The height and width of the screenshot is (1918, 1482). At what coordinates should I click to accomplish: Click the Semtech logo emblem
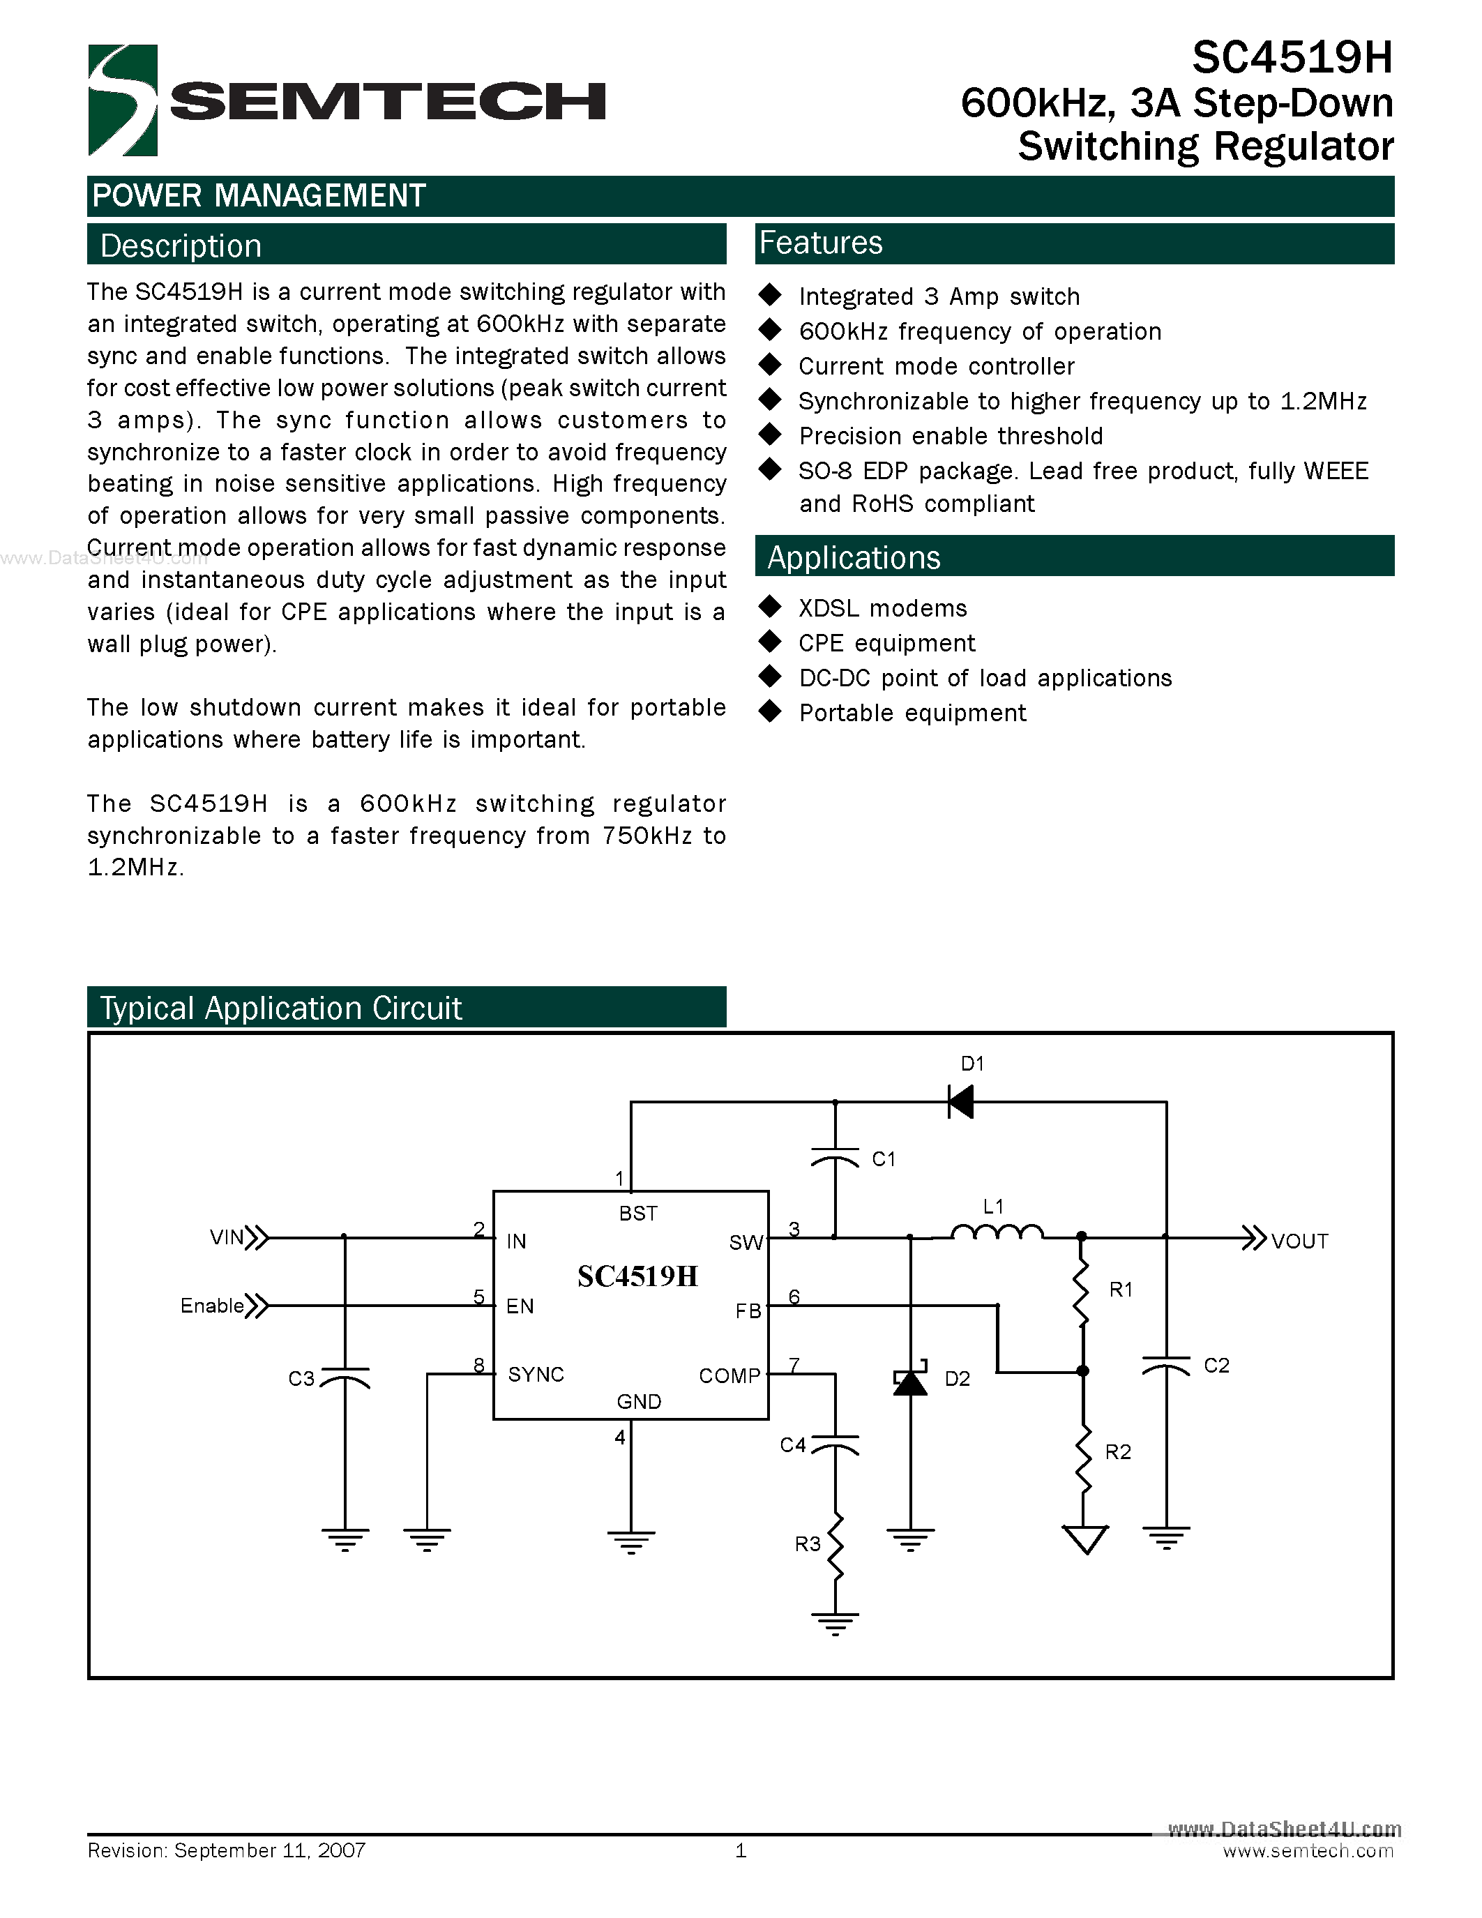[123, 100]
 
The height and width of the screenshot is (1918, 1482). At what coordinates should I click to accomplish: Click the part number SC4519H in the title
[1292, 58]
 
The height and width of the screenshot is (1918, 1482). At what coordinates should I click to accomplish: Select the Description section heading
[181, 246]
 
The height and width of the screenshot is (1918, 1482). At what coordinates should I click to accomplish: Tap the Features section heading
[821, 243]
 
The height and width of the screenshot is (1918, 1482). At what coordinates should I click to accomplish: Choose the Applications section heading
[854, 558]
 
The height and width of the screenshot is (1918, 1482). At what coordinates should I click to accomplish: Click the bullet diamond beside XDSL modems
[770, 606]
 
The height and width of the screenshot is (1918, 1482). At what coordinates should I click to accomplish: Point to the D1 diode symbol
[960, 1101]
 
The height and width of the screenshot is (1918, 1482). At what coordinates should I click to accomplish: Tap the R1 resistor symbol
[1082, 1290]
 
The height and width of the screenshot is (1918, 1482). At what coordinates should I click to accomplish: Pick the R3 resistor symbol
[835, 1546]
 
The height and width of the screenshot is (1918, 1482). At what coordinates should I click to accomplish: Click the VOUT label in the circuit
[1299, 1241]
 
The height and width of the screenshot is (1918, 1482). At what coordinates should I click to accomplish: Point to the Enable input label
[211, 1306]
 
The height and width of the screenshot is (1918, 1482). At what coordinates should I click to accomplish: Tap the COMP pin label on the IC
[729, 1375]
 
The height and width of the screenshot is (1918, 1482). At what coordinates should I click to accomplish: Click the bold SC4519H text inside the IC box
[637, 1276]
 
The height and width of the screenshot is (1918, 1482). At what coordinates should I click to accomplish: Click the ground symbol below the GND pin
[631, 1542]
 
